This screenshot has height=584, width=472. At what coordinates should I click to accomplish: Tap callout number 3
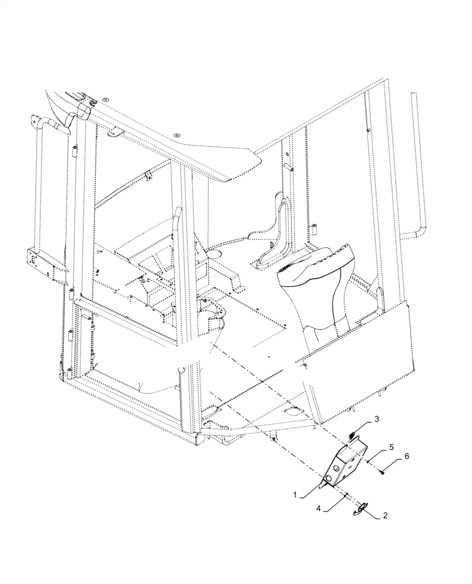coord(377,419)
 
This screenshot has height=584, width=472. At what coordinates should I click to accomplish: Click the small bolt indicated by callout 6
coord(381,472)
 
